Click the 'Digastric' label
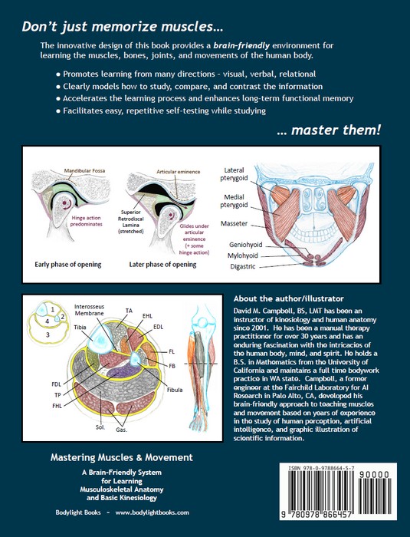(235, 266)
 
